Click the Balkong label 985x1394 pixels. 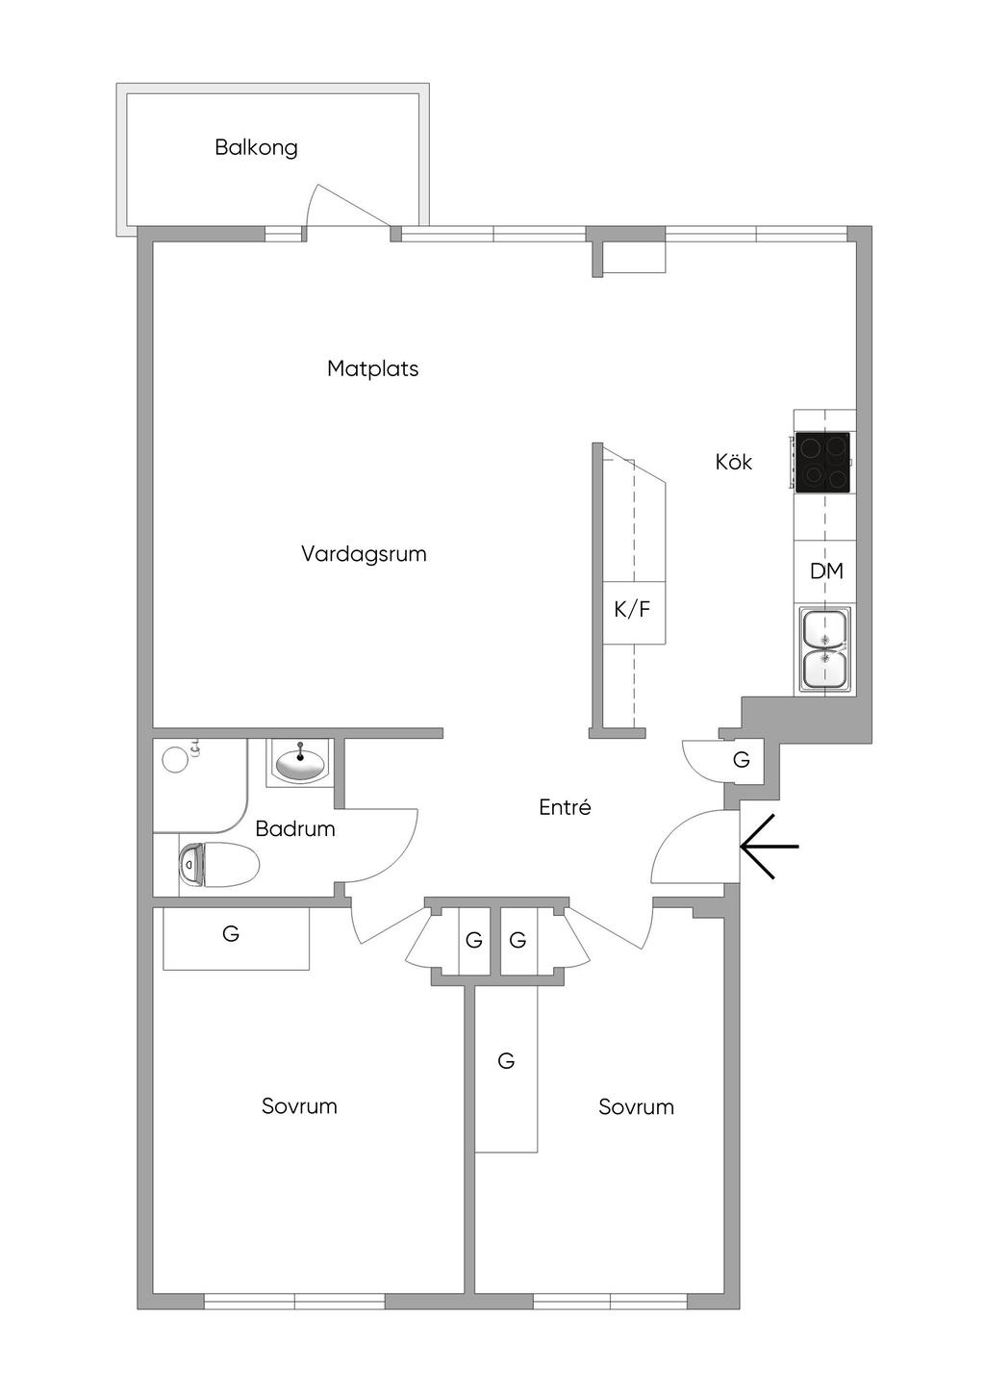[x=257, y=148]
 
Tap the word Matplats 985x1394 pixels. [x=372, y=369]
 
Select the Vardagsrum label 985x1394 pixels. [x=364, y=554]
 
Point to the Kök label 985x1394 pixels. [x=734, y=462]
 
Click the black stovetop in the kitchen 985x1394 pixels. [x=822, y=462]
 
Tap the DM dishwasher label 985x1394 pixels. [x=826, y=570]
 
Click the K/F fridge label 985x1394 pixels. [x=632, y=609]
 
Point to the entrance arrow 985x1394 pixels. [x=770, y=847]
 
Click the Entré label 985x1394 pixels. [x=565, y=807]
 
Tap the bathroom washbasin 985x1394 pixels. [x=300, y=763]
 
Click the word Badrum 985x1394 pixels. [x=295, y=829]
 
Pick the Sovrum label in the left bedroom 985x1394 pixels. [x=299, y=1105]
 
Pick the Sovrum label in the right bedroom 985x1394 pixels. [x=636, y=1106]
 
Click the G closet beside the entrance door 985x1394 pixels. [x=741, y=760]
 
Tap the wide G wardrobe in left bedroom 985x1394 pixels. [x=236, y=938]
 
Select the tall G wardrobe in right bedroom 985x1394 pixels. [x=507, y=1069]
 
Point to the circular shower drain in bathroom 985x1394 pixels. [x=175, y=759]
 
